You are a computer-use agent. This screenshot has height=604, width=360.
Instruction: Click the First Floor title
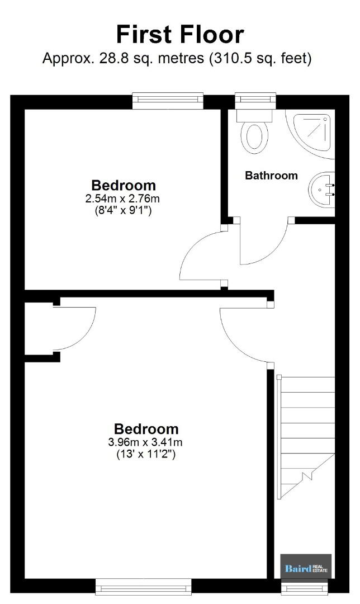tap(180, 34)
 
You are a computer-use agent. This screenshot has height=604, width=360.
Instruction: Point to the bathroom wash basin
tap(321, 190)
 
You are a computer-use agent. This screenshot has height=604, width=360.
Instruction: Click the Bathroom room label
tap(272, 176)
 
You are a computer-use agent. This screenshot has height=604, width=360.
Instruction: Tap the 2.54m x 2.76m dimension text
tap(122, 199)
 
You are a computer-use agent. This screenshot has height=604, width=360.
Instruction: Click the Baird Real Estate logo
tap(306, 566)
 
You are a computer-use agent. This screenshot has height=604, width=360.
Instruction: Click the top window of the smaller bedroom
tap(168, 100)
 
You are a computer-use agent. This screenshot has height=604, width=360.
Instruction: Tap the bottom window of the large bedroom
tap(143, 587)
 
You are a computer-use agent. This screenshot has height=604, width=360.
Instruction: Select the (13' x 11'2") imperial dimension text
tap(146, 455)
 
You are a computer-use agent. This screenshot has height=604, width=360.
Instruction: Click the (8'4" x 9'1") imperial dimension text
tap(123, 211)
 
